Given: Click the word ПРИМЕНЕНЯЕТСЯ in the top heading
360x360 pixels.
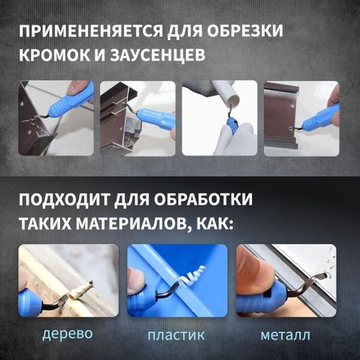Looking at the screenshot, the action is (91, 31).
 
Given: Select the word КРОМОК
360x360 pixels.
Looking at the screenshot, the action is (54, 55).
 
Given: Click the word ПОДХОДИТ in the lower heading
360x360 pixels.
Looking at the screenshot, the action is (64, 199).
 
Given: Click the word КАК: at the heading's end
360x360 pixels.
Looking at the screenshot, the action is (214, 223).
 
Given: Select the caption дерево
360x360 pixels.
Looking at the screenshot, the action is (67, 334).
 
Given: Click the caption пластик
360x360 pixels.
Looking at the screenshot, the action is (176, 335).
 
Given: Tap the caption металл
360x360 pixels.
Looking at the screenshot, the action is (286, 335).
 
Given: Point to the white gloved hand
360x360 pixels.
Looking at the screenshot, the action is (234, 140).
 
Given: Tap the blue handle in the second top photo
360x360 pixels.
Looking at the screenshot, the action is (154, 118).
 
